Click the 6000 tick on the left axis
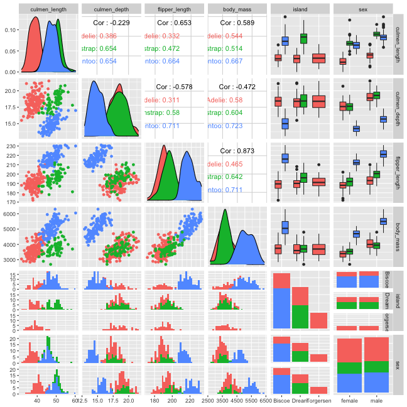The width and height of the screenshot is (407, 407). click(x=9, y=215)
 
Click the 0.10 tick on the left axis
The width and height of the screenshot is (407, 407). click(x=9, y=30)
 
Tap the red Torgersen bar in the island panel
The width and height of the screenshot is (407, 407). click(x=319, y=320)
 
